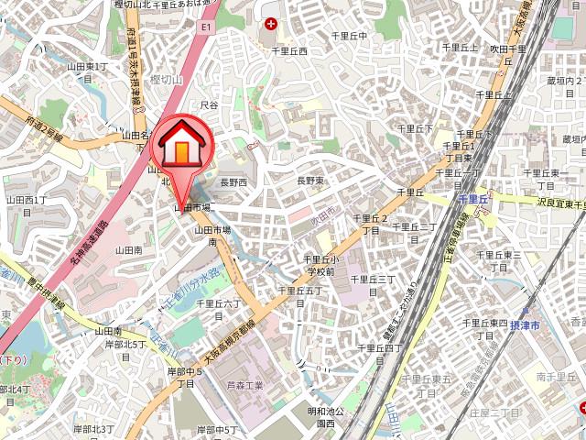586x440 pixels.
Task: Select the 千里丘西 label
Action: coord(289,51)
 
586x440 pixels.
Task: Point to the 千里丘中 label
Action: coord(349,36)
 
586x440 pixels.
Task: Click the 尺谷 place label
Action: coord(210,105)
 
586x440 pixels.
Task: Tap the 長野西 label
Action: coord(233,182)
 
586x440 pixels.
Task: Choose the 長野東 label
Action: coord(310,181)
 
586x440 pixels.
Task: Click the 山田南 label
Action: coord(128,249)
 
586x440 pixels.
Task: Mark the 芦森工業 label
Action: coord(245,386)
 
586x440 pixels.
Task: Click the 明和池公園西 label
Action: coord(325,418)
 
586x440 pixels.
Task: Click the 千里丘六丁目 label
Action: coord(220,308)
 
